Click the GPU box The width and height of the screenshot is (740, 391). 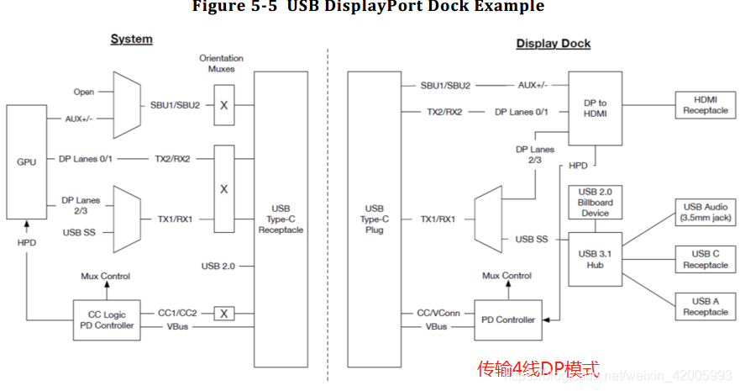[27, 161]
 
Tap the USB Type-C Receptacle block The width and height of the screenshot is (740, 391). [281, 219]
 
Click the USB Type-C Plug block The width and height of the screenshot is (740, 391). [375, 219]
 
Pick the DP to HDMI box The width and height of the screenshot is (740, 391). [596, 108]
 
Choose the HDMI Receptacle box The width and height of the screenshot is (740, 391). [705, 106]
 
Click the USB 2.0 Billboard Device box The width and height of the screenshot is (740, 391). [596, 202]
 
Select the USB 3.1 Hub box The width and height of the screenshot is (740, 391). [596, 259]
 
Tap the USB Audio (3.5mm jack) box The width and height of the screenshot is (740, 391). [705, 212]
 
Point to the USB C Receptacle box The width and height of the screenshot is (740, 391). [705, 259]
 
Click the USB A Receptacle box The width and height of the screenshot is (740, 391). [705, 306]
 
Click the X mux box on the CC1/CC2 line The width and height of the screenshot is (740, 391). [223, 314]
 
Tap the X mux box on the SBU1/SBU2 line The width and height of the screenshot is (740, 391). [223, 106]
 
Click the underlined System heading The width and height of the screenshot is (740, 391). [132, 39]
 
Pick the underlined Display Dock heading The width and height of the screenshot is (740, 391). [553, 43]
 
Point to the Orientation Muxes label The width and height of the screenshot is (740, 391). [222, 63]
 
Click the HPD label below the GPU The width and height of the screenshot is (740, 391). [27, 241]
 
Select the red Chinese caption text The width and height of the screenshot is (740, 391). [538, 368]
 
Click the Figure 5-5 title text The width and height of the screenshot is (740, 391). [368, 8]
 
